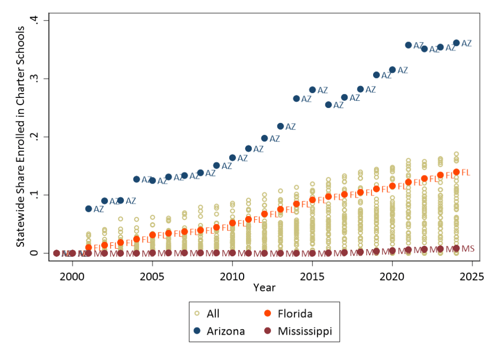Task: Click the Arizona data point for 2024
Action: pos(456,43)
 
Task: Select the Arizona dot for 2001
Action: pos(89,209)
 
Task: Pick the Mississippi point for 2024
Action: pos(456,248)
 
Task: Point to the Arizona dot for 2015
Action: pos(312,90)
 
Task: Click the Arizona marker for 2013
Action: pos(280,126)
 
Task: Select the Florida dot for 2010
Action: pos(233,223)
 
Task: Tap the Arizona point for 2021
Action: pos(408,45)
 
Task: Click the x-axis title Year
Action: pos(264,288)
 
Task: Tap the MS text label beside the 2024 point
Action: pos(468,248)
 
